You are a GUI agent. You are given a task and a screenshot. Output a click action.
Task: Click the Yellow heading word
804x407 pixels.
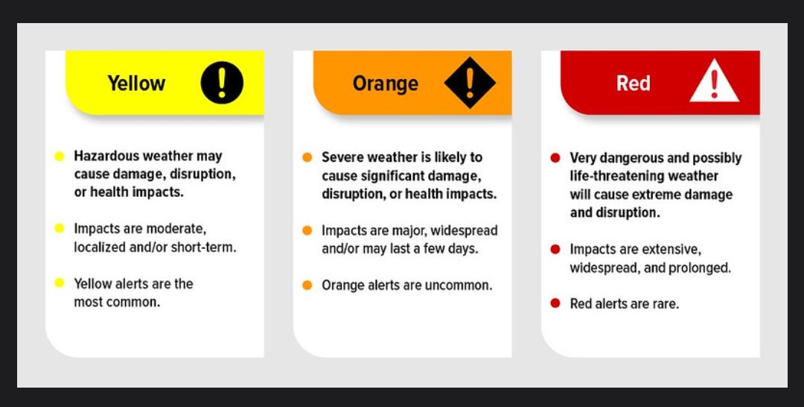136,83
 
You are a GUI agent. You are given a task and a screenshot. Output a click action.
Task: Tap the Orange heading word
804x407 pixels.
385,83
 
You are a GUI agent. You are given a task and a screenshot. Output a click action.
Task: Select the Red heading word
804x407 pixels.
634,83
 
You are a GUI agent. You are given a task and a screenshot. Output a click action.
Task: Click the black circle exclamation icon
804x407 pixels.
222,83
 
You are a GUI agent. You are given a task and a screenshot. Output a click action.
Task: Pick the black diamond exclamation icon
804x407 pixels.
470,83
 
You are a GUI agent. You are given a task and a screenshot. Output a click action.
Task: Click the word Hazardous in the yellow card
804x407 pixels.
106,156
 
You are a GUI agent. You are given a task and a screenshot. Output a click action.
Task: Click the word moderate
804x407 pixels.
176,228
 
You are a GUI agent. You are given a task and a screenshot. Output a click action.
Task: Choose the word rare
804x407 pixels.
666,304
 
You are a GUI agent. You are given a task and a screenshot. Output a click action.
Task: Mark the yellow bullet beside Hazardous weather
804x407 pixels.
59,156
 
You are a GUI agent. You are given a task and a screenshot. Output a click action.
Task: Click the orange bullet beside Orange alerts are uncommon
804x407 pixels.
307,285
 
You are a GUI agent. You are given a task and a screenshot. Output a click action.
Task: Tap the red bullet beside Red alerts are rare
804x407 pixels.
555,303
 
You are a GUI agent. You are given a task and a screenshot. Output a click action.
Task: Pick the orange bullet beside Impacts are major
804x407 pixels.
307,230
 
